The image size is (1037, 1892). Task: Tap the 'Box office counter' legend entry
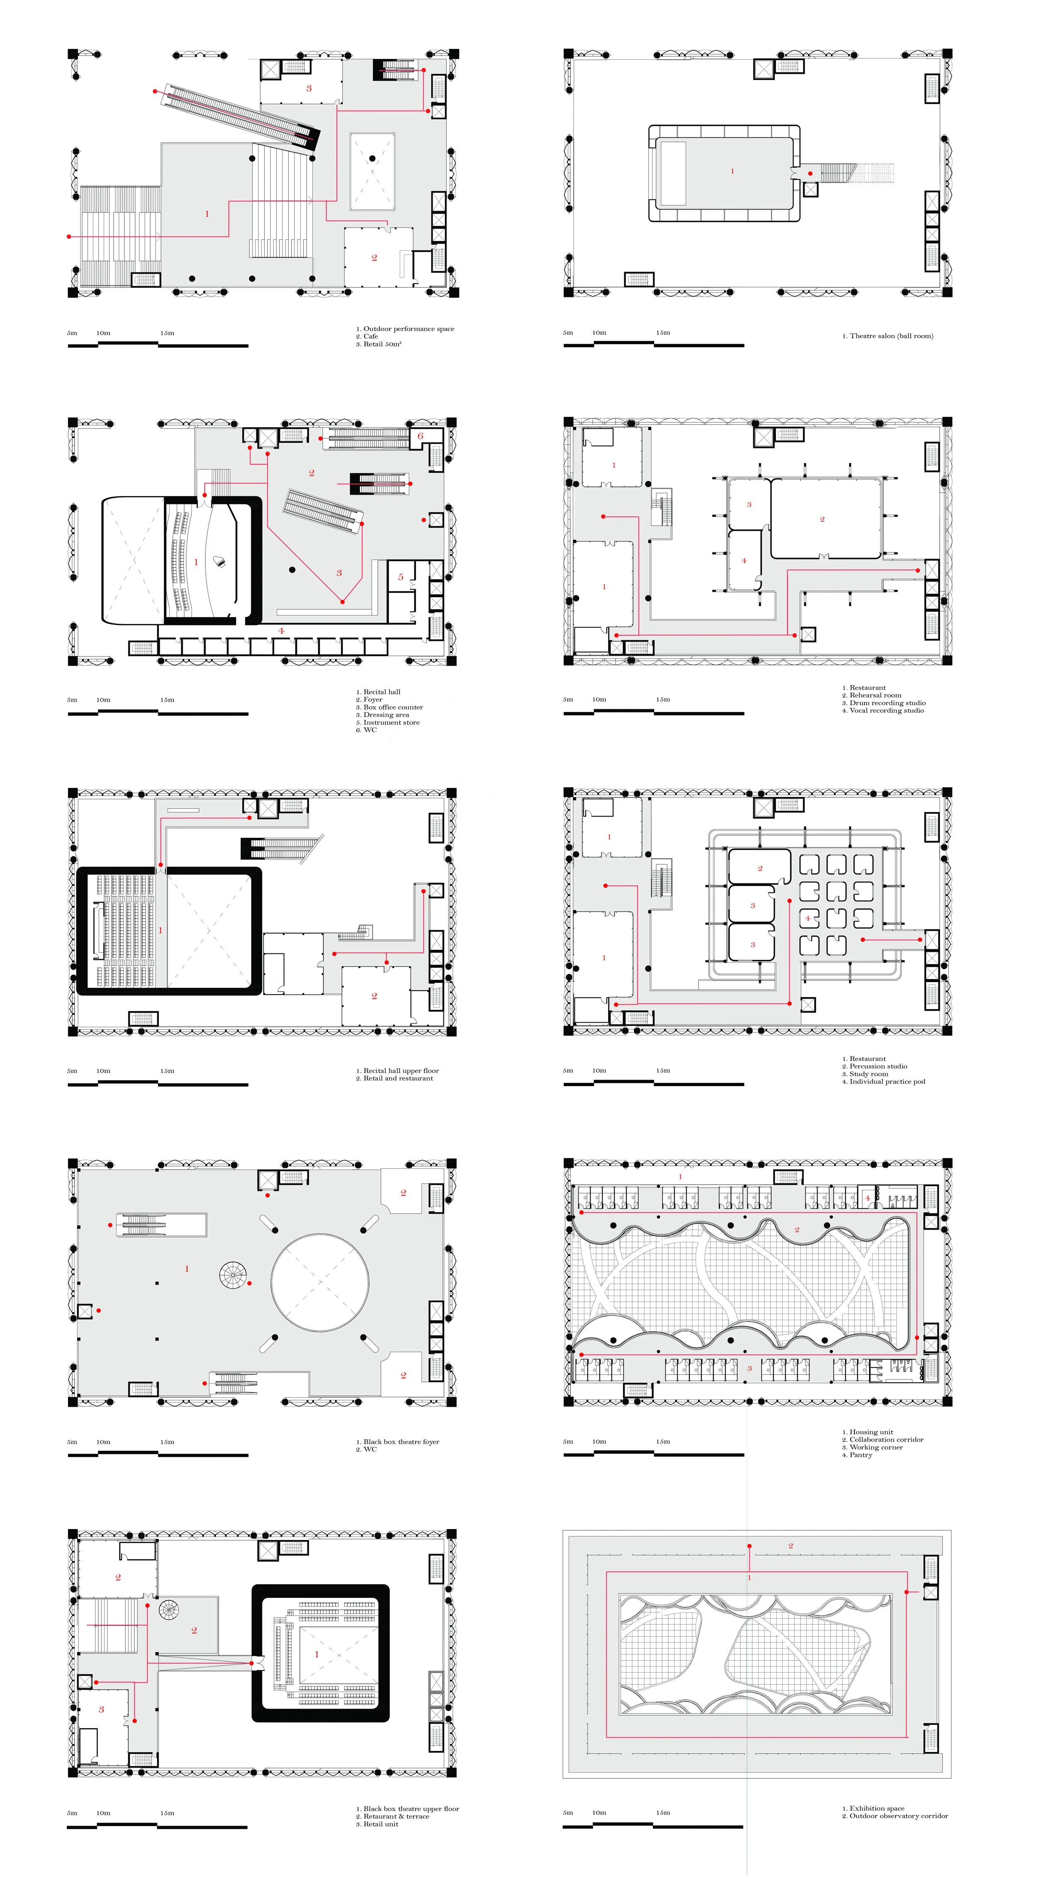(393, 707)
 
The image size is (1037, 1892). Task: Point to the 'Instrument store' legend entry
(392, 723)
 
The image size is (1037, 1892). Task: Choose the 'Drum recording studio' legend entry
(887, 703)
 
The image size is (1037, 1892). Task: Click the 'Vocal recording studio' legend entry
(886, 711)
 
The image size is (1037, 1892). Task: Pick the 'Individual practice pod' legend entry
(887, 1082)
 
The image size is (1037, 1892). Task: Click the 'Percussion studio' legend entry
(879, 1066)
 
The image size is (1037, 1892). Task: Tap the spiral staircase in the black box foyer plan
(233, 1274)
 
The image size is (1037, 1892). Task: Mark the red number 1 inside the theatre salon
(732, 172)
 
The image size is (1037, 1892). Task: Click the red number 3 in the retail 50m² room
(309, 88)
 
